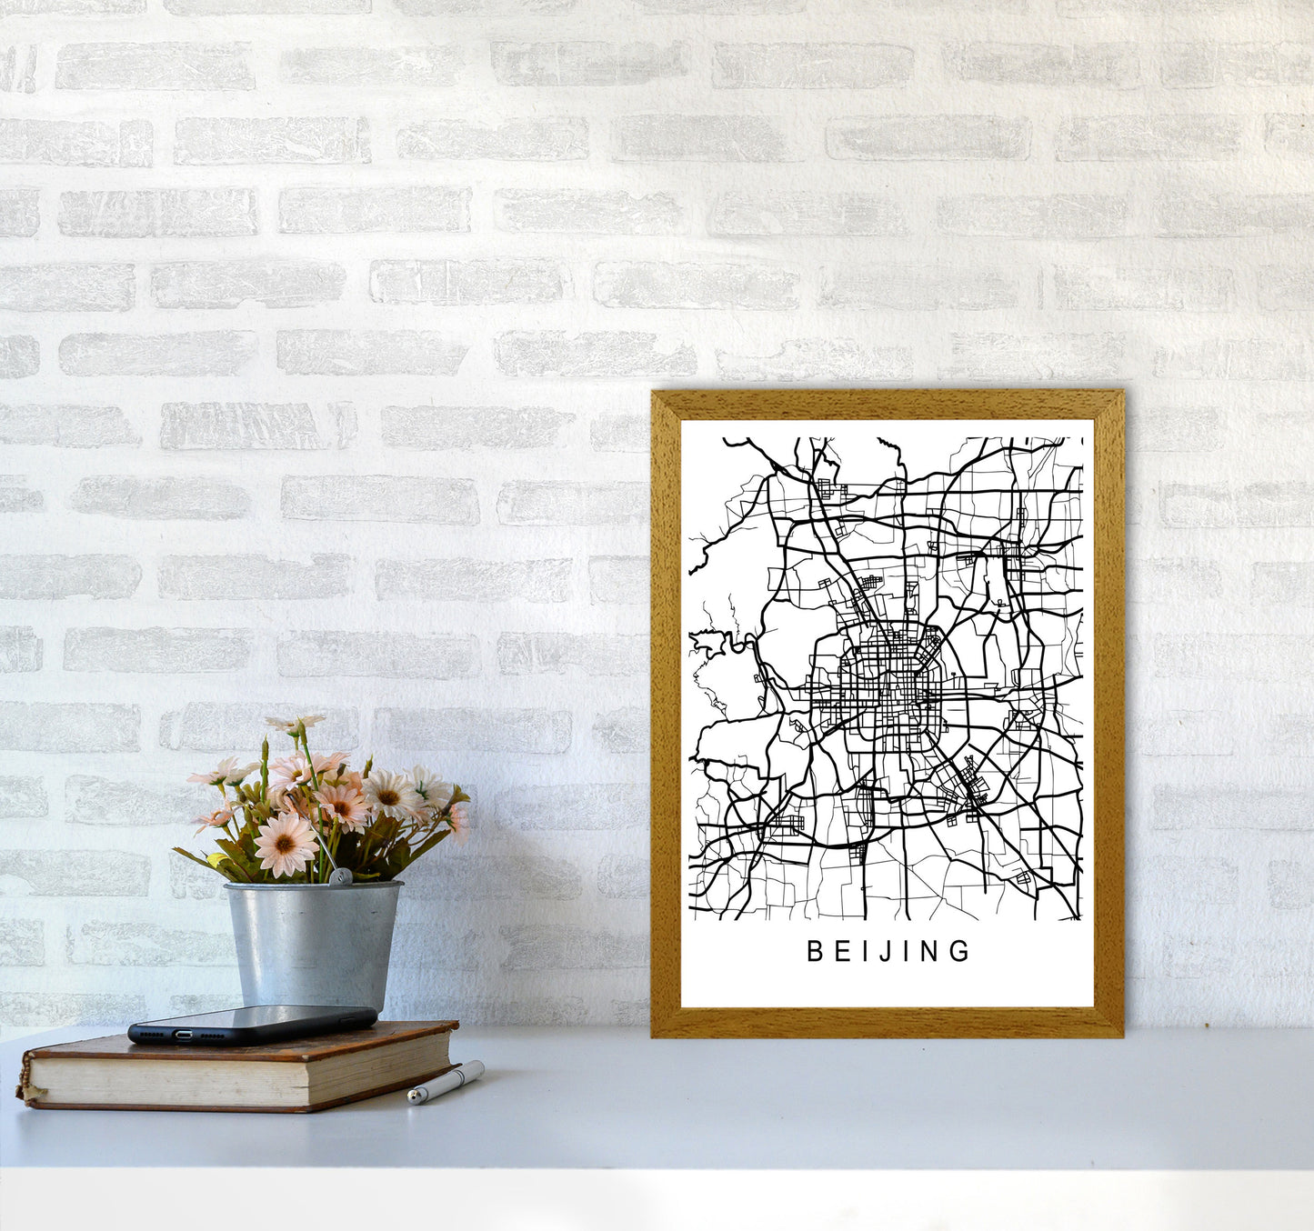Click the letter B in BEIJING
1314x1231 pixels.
pos(815,951)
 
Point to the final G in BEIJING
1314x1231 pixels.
pos(961,951)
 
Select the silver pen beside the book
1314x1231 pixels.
pos(446,1081)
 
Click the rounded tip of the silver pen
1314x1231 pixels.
pos(414,1098)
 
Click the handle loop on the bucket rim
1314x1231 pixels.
pos(340,876)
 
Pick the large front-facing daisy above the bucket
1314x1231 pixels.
pos(285,844)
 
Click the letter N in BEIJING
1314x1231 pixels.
pos(931,951)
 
